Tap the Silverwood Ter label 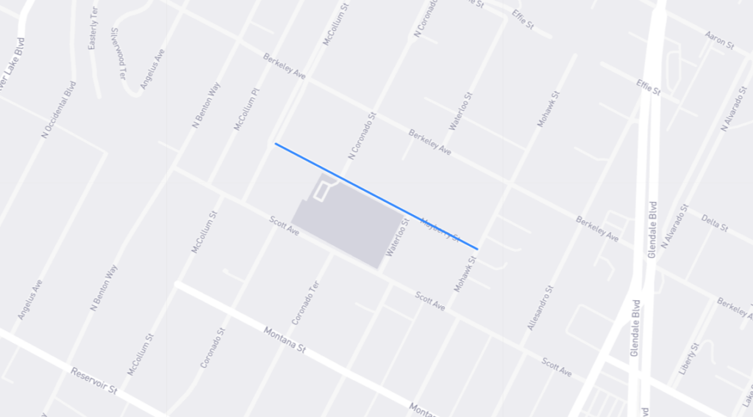tap(115, 52)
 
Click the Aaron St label tap(719, 40)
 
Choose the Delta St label tap(714, 222)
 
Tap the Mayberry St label tap(440, 229)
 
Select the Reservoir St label tap(93, 381)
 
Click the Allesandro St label tap(539, 307)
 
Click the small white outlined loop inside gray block tap(321, 191)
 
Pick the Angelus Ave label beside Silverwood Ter tap(153, 68)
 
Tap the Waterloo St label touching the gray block tap(397, 237)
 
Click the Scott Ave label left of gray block tap(284, 225)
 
